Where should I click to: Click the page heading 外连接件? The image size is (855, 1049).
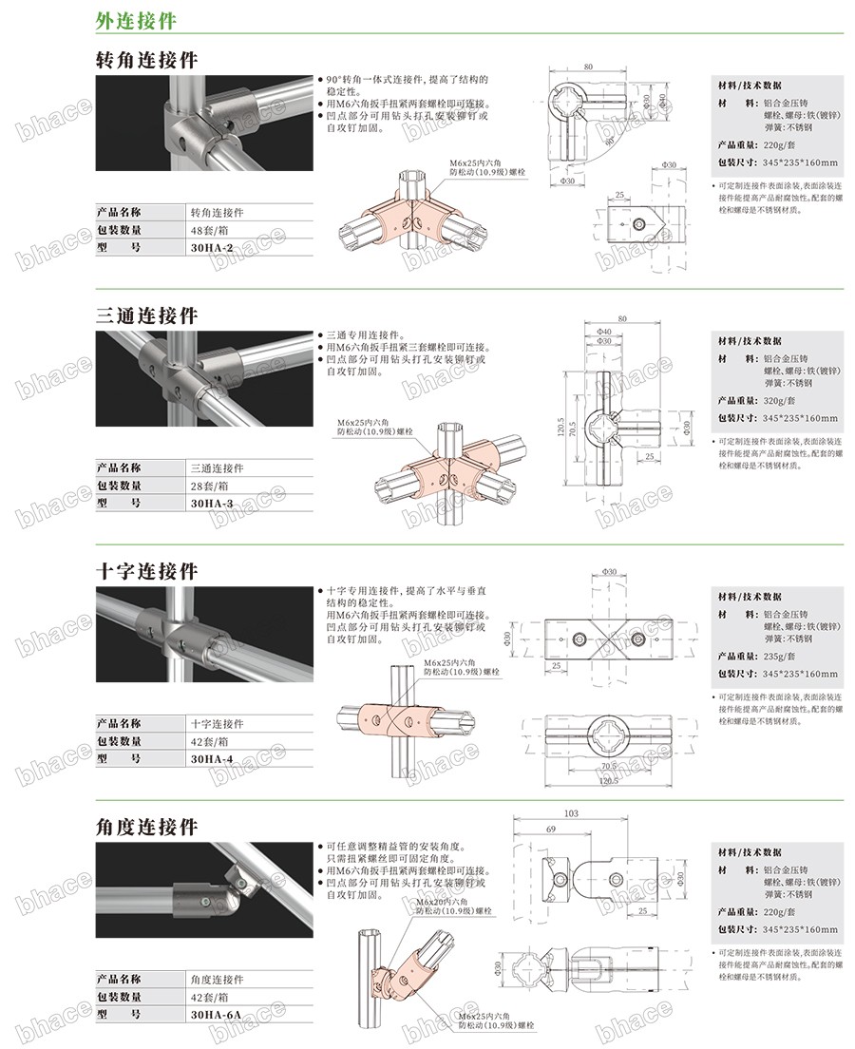pyautogui.click(x=135, y=19)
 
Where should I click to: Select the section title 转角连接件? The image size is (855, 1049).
pyautogui.click(x=147, y=59)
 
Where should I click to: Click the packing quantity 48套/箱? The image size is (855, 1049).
pyautogui.click(x=210, y=230)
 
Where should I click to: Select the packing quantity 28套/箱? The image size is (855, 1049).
pyautogui.click(x=210, y=486)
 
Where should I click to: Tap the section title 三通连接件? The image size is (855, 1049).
pyautogui.click(x=147, y=315)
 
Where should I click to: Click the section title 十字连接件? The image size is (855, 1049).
pyautogui.click(x=147, y=571)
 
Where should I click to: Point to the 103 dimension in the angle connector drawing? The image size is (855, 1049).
pyautogui.click(x=571, y=813)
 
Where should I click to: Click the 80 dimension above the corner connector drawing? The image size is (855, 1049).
pyautogui.click(x=589, y=67)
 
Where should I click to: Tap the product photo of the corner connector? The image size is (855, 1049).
pyautogui.click(x=203, y=123)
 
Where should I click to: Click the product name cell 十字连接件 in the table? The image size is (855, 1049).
pyautogui.click(x=218, y=724)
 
